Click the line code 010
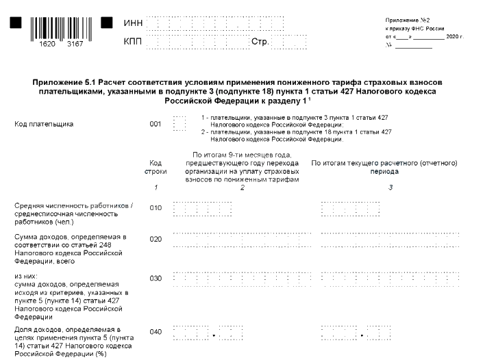pyautogui.click(x=156, y=208)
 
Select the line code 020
pyautogui.click(x=156, y=240)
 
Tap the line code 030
pyautogui.click(x=156, y=279)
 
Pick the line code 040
pyautogui.click(x=156, y=332)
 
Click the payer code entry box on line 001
pyautogui.click(x=179, y=123)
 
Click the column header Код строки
pyautogui.click(x=156, y=167)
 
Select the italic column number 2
pyautogui.click(x=242, y=186)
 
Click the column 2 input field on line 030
pyautogui.click(x=242, y=279)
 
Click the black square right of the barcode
pyautogui.click(x=106, y=23)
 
